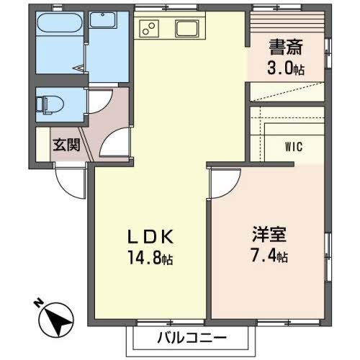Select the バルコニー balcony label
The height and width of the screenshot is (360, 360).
coord(192,338)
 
